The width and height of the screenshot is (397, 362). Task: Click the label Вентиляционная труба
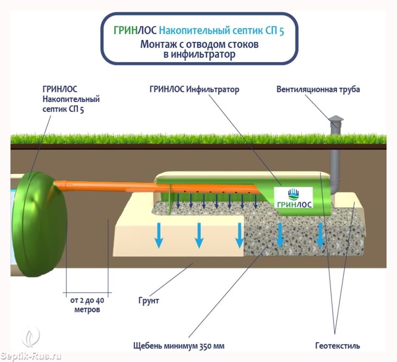(318, 89)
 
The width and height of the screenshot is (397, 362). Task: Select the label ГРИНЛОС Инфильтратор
(194, 89)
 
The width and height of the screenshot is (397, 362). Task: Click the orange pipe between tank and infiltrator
(109, 185)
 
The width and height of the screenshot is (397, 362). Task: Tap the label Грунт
(149, 300)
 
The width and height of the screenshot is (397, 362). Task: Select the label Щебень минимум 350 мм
(179, 346)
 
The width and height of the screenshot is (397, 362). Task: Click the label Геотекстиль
(338, 346)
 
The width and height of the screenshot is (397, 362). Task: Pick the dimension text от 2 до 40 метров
(87, 305)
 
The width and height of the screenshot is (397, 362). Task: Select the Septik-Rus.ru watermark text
(31, 356)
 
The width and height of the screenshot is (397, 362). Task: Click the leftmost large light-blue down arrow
(159, 235)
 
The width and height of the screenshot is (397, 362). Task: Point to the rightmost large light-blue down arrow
(320, 235)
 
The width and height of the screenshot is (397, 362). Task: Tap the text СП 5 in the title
(276, 31)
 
